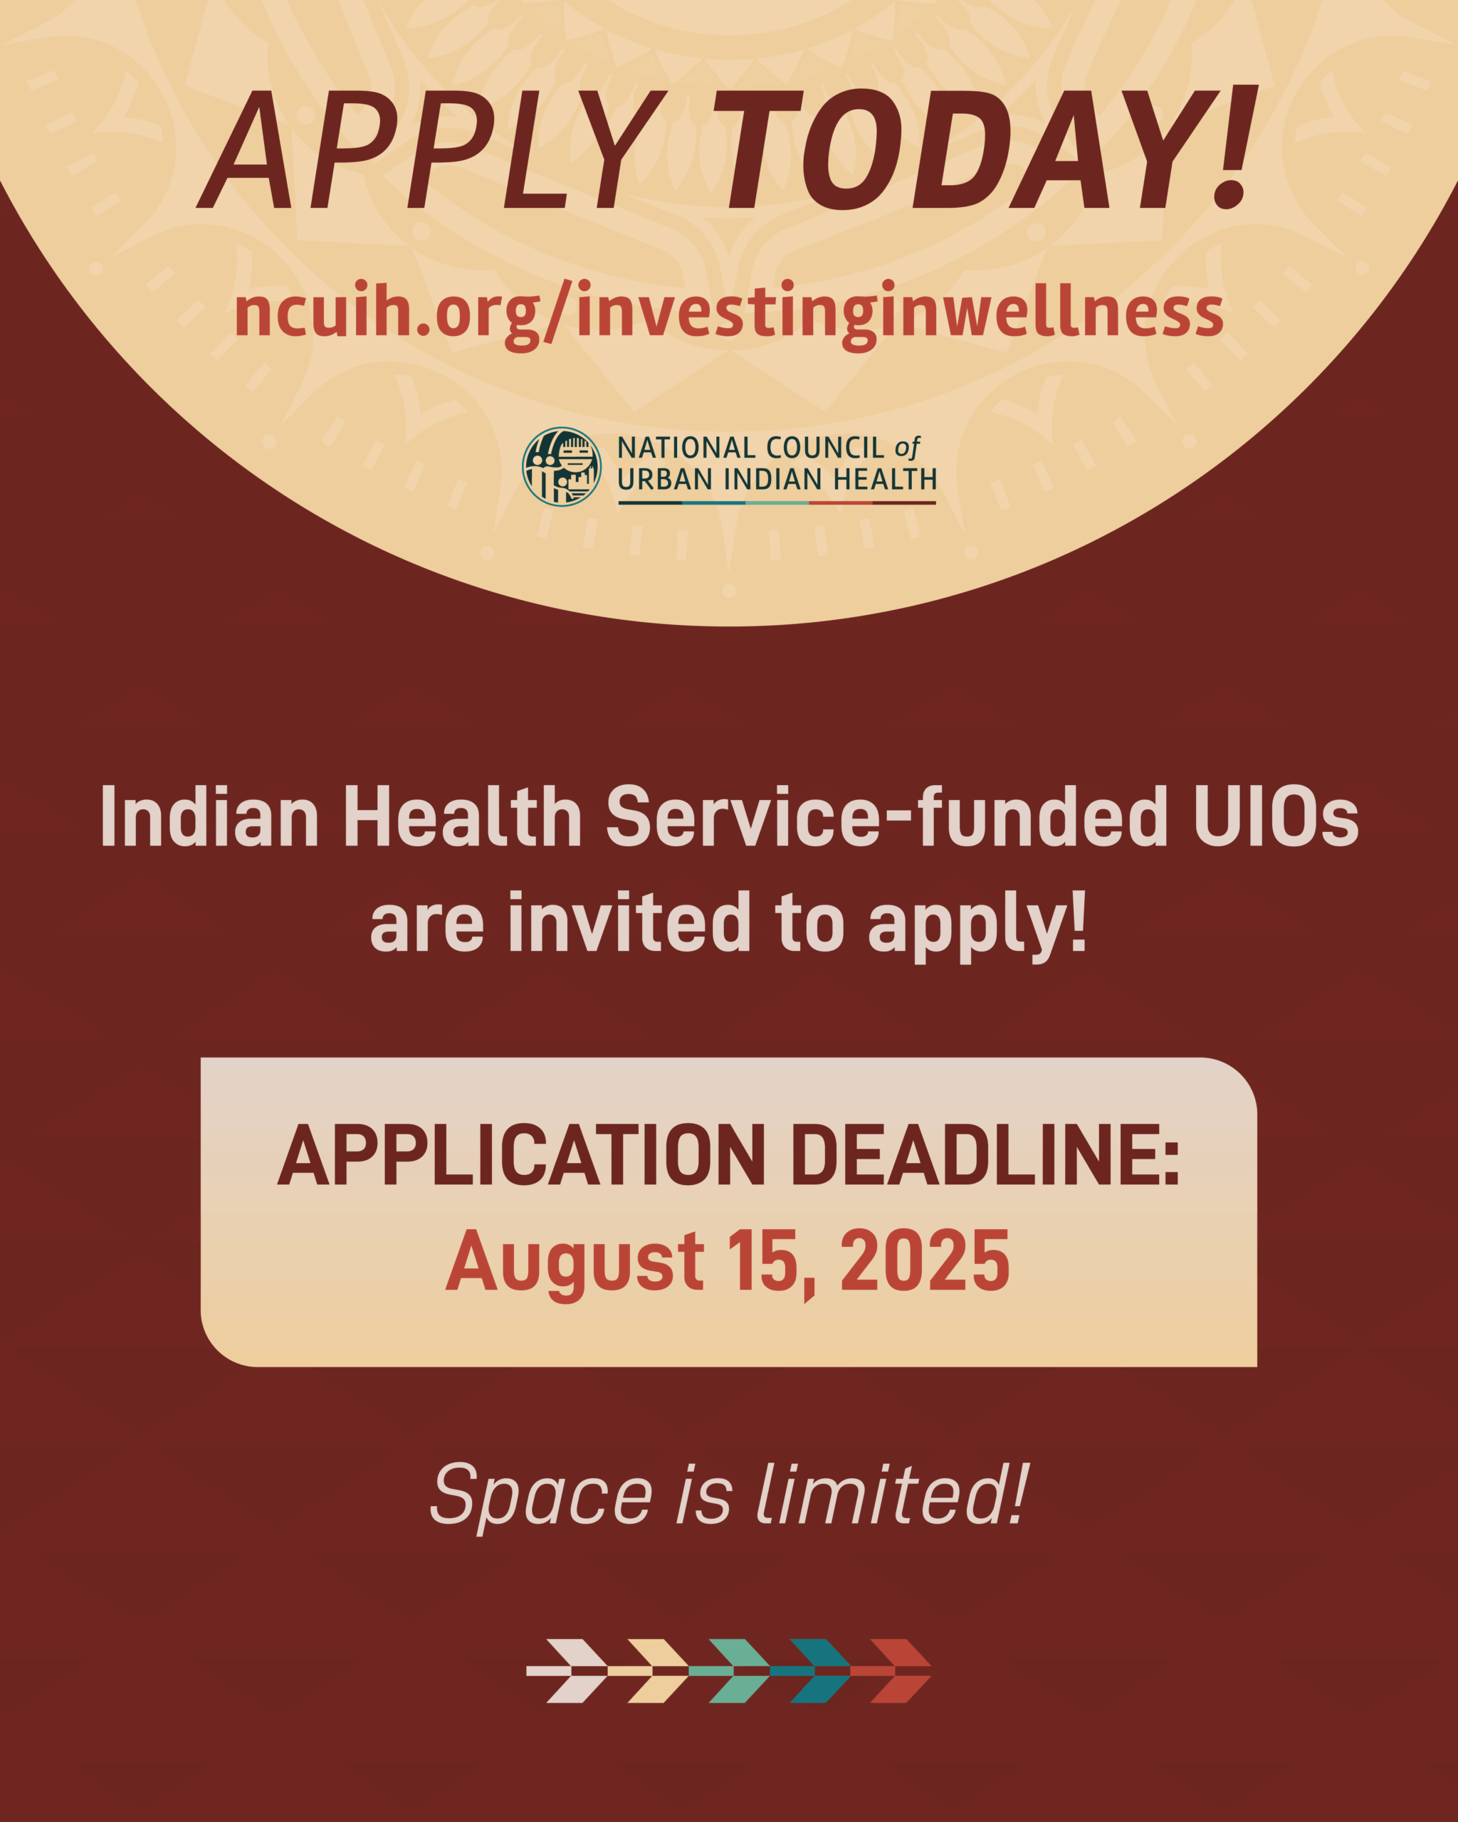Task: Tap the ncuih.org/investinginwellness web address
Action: [728, 314]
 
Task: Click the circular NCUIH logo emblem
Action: [562, 466]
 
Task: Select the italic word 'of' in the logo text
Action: [907, 448]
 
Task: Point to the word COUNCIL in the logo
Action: [825, 448]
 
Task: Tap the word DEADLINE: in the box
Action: [985, 1155]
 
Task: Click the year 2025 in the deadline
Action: [925, 1261]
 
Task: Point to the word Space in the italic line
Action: [541, 1497]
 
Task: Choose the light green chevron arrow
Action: [731, 1670]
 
